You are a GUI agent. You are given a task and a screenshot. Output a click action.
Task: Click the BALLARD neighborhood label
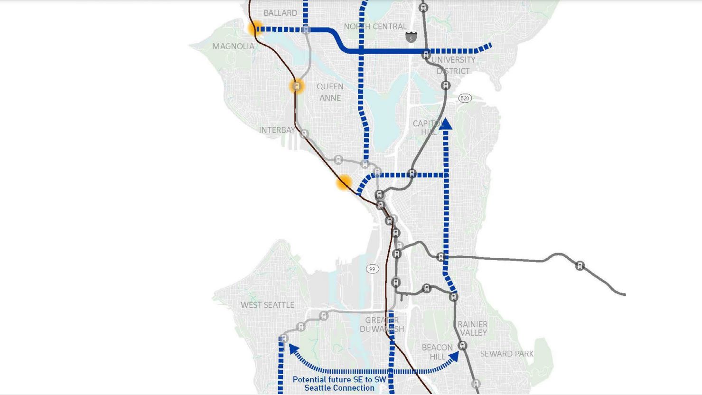click(x=280, y=13)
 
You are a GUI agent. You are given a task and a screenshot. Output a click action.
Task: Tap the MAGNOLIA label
click(x=233, y=46)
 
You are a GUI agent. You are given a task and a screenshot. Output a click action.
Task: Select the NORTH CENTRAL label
click(x=375, y=27)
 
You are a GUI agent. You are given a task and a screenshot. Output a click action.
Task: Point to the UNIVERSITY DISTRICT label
click(x=453, y=66)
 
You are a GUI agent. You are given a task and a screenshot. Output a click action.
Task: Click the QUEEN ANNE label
click(x=330, y=92)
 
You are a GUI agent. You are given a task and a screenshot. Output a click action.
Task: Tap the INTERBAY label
click(x=277, y=130)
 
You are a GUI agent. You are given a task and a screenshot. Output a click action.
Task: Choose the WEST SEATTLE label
click(x=267, y=305)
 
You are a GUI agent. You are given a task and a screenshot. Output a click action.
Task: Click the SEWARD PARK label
click(x=506, y=354)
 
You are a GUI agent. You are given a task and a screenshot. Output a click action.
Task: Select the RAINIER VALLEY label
click(x=473, y=328)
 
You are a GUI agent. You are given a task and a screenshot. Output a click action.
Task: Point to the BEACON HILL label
click(x=437, y=352)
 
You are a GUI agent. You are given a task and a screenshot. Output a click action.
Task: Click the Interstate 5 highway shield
click(x=411, y=37)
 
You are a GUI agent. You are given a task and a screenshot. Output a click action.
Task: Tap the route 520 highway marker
click(x=465, y=98)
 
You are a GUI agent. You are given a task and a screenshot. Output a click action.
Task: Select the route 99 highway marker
click(x=372, y=269)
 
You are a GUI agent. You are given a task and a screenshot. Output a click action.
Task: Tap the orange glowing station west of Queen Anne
click(x=297, y=86)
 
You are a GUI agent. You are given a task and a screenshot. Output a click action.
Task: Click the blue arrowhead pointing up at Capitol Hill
click(x=445, y=124)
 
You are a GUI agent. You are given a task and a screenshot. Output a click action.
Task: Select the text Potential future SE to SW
click(x=339, y=379)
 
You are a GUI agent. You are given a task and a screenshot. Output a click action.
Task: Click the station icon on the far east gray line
click(x=580, y=265)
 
